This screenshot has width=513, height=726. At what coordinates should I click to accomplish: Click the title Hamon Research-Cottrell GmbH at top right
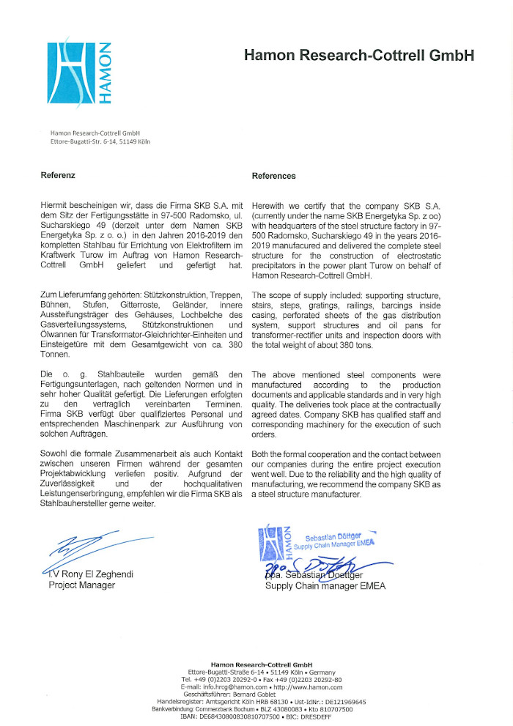click(359, 55)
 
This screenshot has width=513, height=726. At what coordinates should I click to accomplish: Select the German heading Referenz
click(58, 176)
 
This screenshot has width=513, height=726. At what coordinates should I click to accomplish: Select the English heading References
click(273, 176)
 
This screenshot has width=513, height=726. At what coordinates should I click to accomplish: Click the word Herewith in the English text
click(270, 208)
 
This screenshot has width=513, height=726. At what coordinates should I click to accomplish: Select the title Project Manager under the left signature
click(76, 585)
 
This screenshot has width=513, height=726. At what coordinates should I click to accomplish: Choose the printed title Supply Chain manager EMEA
click(325, 586)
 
